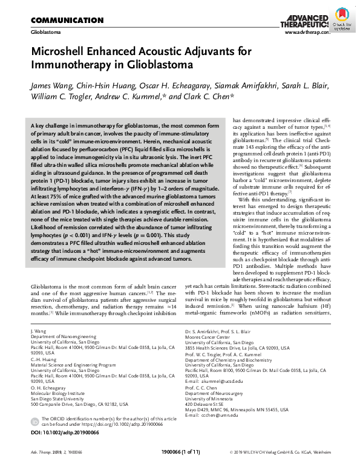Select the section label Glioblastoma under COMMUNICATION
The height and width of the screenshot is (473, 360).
(46, 31)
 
